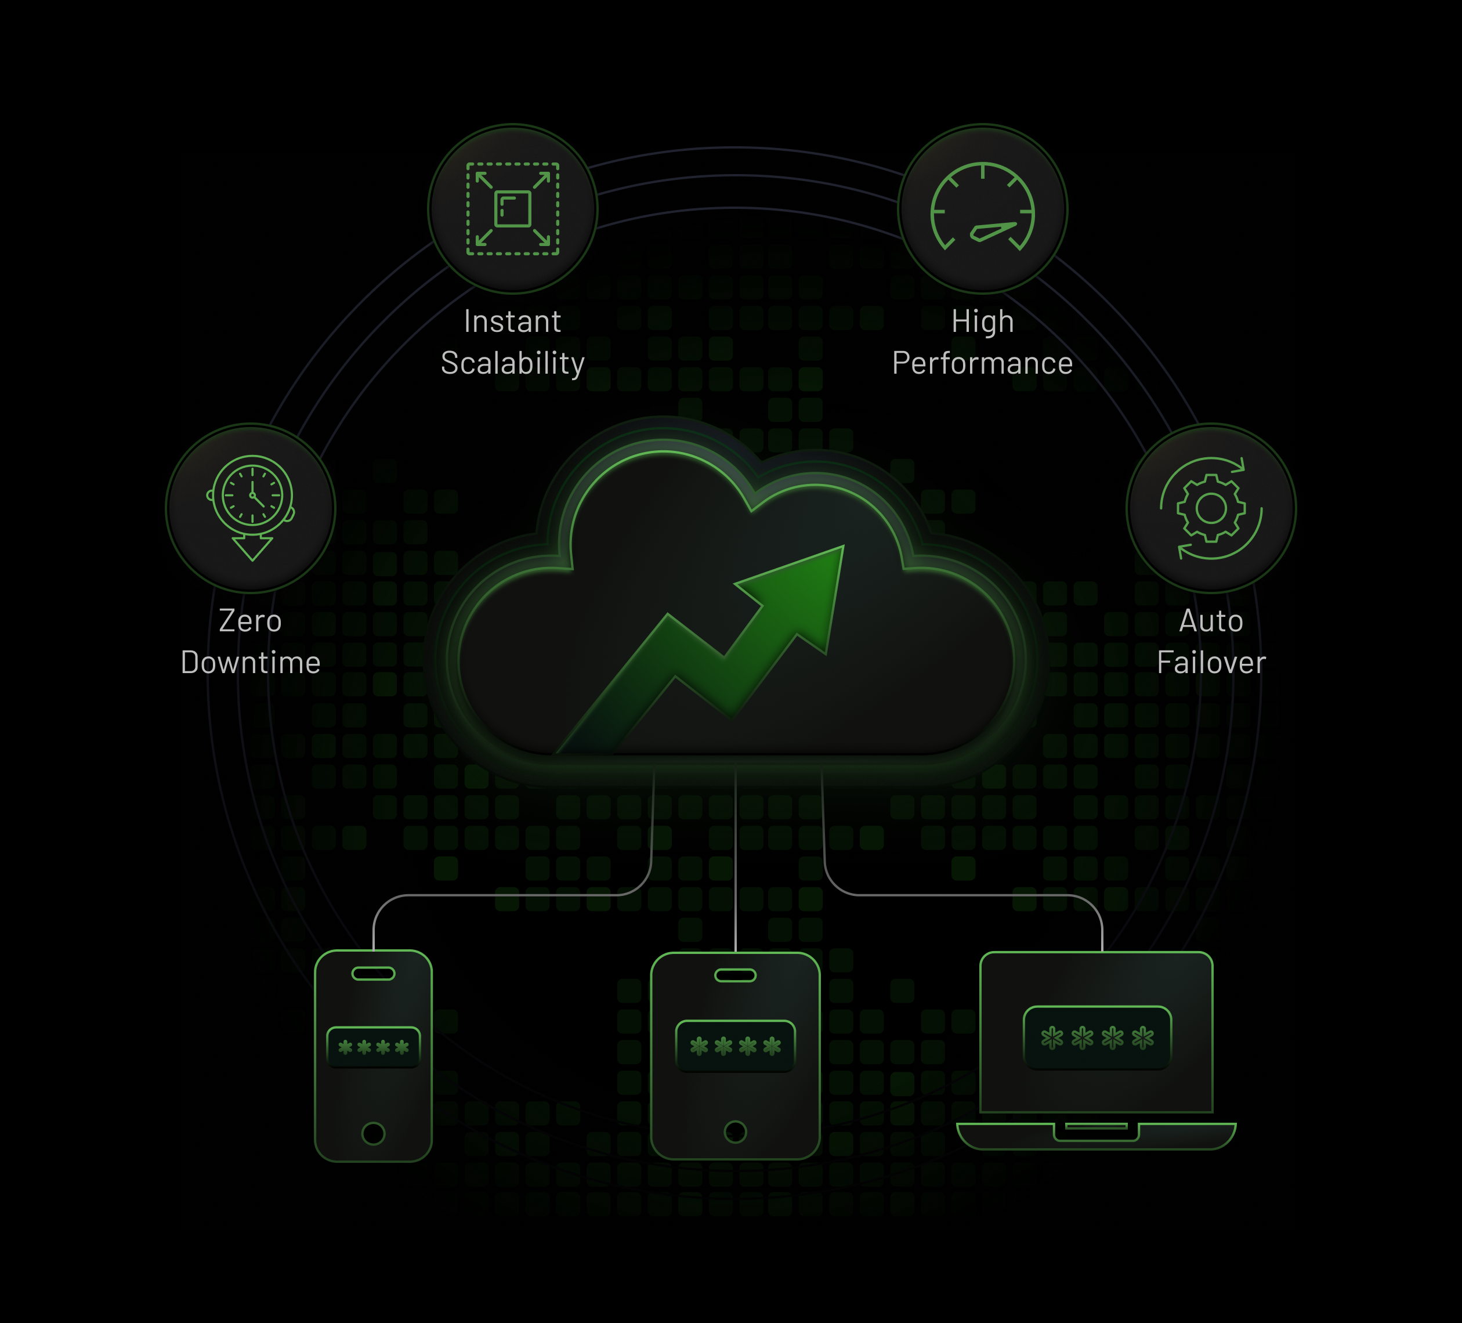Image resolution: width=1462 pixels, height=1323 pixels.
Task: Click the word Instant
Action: [x=512, y=321]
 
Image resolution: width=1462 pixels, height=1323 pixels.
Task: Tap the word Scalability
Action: [x=512, y=363]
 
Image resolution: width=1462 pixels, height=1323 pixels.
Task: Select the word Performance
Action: [x=982, y=363]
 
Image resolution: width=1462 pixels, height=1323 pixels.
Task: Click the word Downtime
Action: [x=250, y=663]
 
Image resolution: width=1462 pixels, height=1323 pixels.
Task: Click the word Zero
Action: [x=250, y=621]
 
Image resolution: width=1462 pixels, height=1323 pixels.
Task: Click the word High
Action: [x=982, y=321]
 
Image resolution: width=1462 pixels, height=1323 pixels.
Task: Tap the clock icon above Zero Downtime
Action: [x=252, y=497]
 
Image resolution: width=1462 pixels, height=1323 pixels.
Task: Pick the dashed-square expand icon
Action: [x=512, y=209]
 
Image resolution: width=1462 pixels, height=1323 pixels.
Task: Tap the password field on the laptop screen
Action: [x=1096, y=1038]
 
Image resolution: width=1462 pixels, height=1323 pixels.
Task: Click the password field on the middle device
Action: [x=734, y=1046]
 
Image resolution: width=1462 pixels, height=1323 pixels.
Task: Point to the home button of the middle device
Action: [x=734, y=1132]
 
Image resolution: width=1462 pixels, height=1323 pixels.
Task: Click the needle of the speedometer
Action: [x=993, y=232]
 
